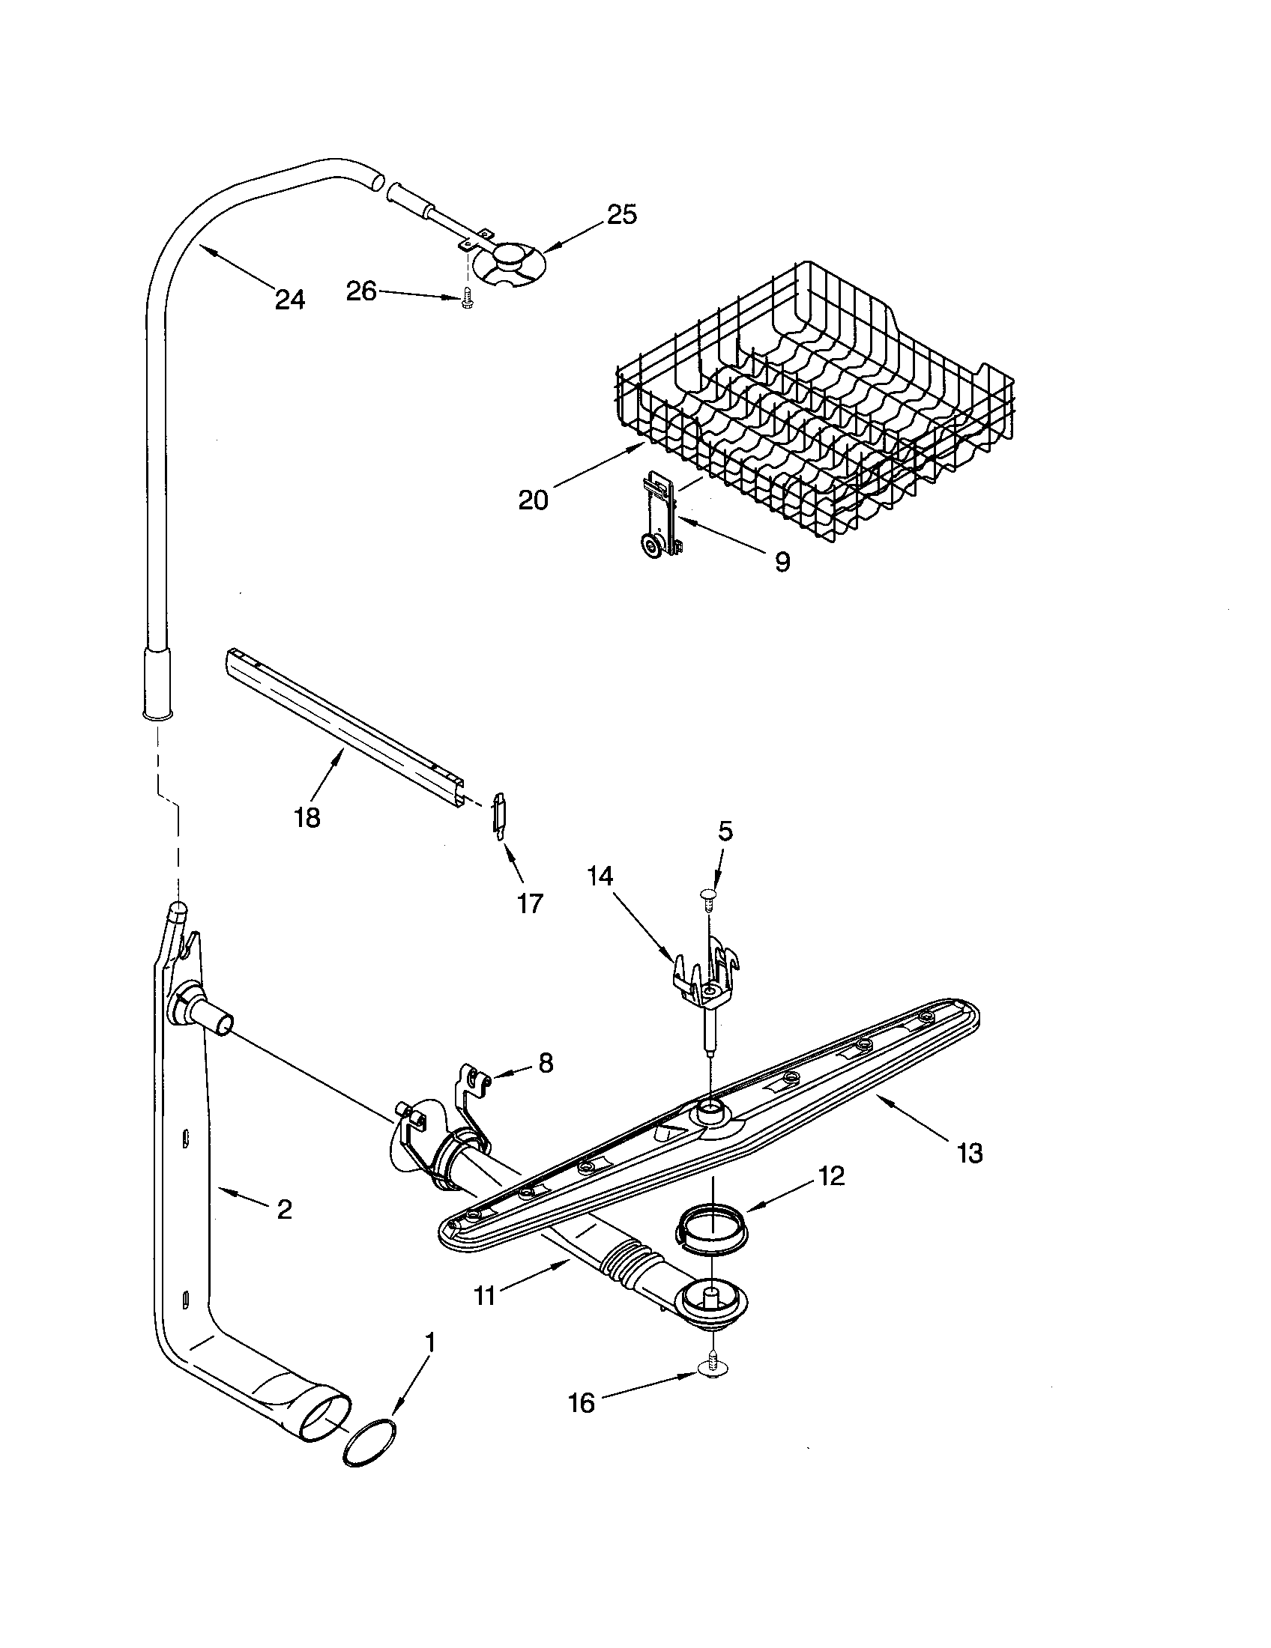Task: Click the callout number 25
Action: coord(622,215)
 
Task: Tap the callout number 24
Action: coord(290,300)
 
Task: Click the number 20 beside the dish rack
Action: coord(533,500)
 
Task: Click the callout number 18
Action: coord(307,817)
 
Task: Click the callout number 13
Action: coord(970,1153)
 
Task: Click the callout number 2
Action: coord(284,1210)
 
